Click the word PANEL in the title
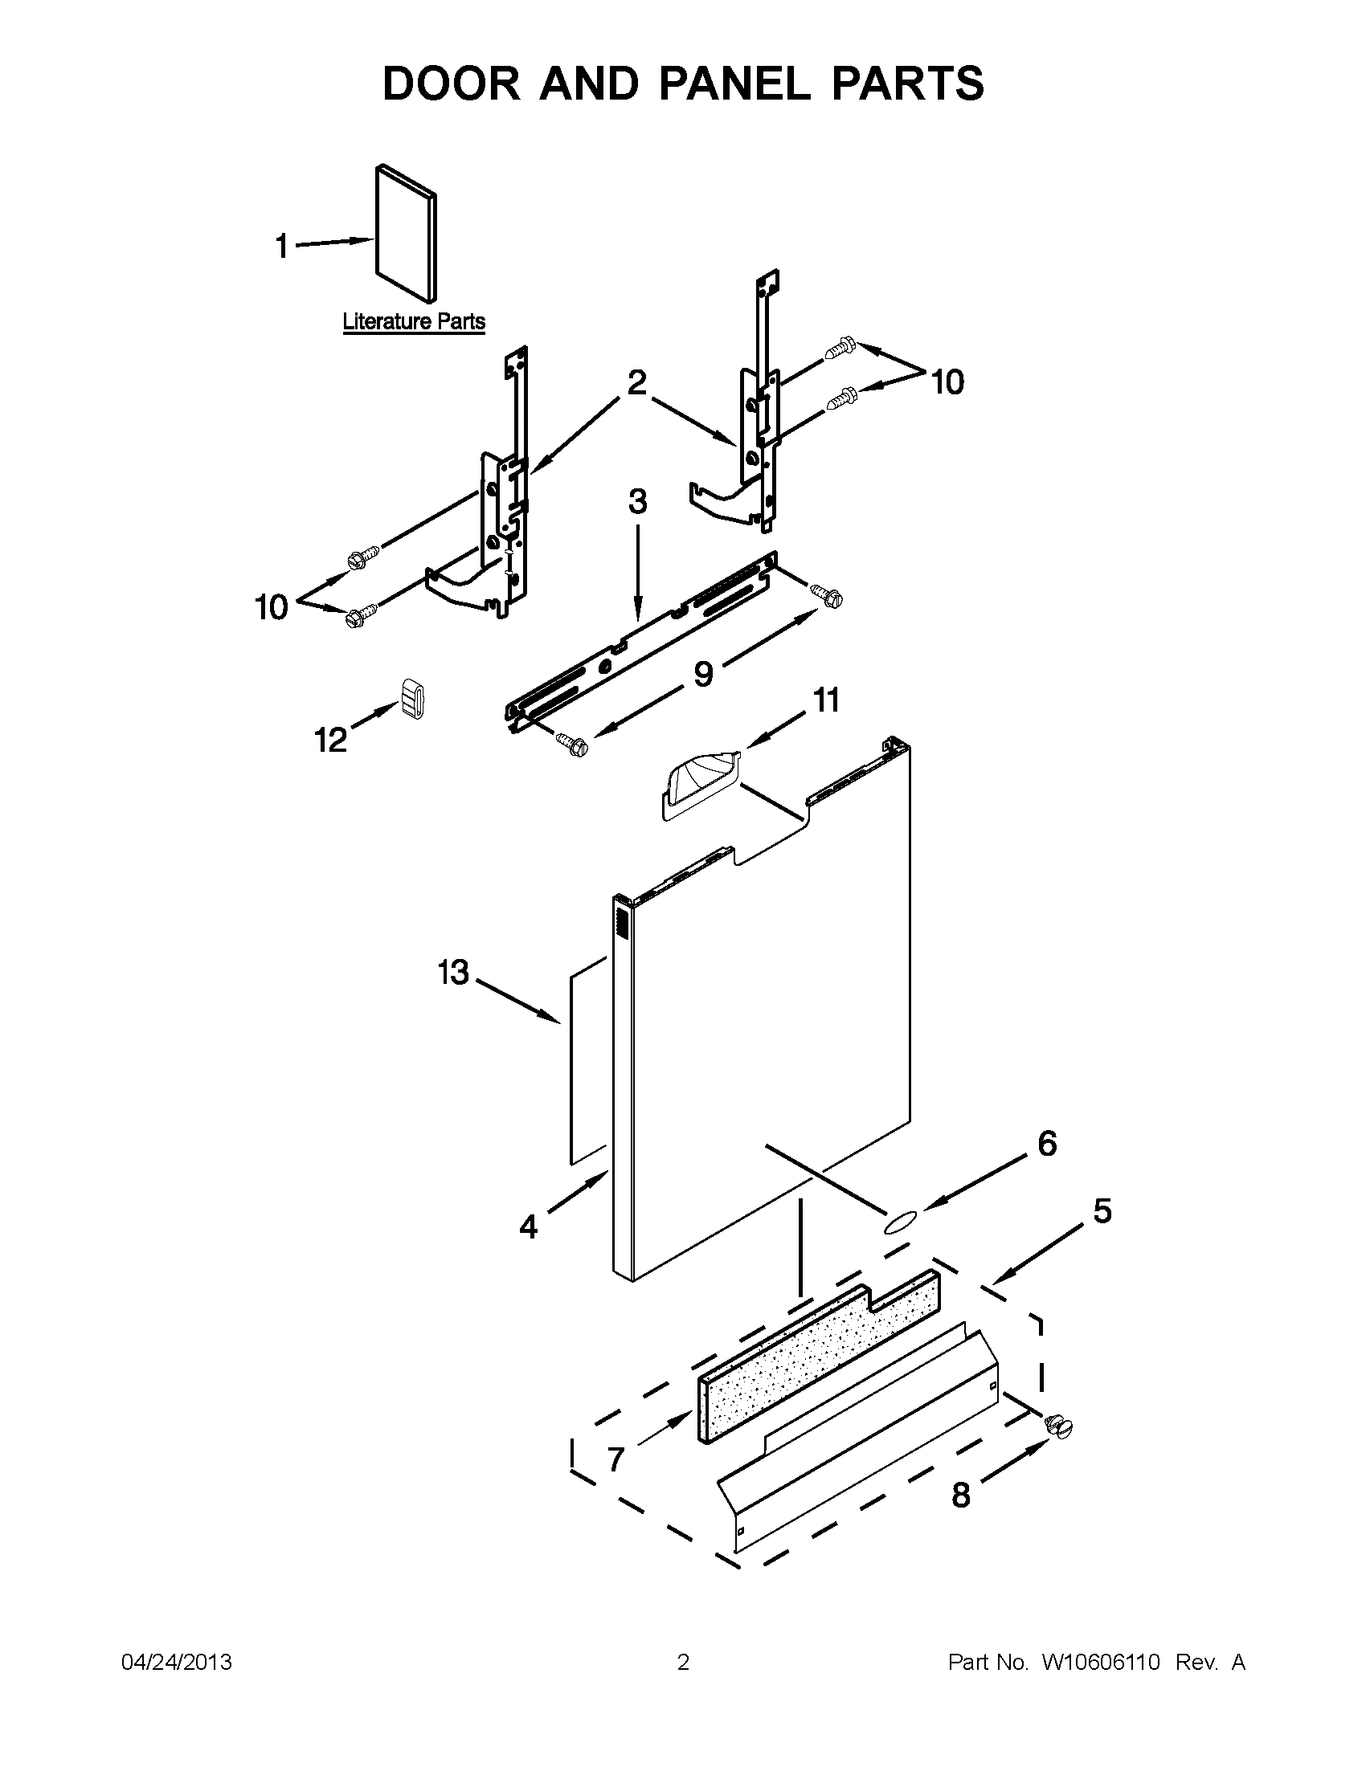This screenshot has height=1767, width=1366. [734, 84]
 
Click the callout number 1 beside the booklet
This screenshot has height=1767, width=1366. [281, 246]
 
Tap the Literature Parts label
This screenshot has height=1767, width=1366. [414, 321]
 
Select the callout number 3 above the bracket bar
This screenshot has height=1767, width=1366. [638, 502]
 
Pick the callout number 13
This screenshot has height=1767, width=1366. [453, 973]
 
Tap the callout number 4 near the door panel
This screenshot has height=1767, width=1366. [529, 1227]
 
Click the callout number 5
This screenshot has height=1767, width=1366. [1102, 1211]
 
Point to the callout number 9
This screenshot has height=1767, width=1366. [703, 673]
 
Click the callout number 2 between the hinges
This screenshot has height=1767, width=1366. [637, 382]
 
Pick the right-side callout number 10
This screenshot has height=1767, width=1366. [947, 381]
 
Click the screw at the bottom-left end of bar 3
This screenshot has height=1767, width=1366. [572, 743]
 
